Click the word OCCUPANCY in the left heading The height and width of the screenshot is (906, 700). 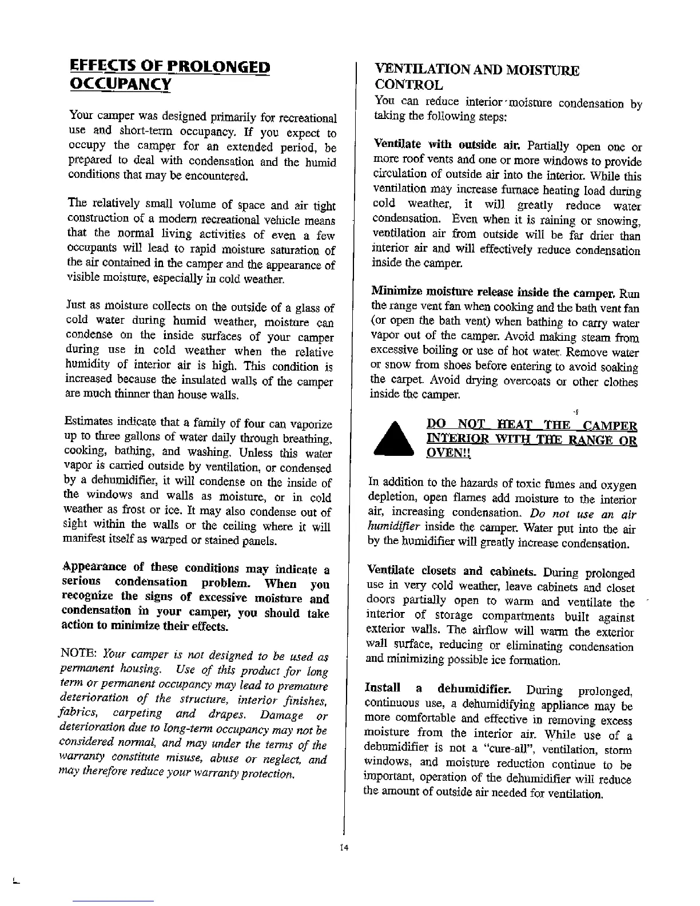[119, 84]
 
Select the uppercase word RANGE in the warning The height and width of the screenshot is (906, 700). [591, 439]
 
